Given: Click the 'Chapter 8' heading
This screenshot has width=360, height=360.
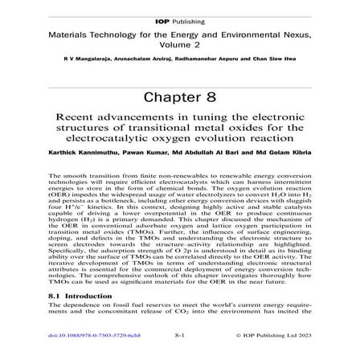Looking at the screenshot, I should [x=180, y=96].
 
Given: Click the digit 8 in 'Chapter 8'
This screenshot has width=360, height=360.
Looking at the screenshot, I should [x=211, y=96].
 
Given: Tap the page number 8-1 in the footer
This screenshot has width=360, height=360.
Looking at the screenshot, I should [x=180, y=333].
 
